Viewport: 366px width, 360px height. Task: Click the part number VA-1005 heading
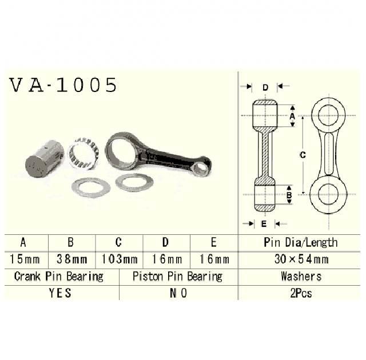(63, 85)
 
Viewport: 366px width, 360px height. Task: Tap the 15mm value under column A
(25, 259)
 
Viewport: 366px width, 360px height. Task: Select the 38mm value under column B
(72, 259)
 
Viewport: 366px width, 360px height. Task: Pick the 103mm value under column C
(120, 259)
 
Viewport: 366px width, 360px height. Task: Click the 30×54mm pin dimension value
(301, 259)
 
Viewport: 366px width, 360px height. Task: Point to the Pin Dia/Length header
(301, 242)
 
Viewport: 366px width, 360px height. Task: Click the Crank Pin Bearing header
(58, 277)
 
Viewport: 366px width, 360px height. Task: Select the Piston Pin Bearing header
(177, 277)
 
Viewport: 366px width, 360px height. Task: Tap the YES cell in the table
(60, 293)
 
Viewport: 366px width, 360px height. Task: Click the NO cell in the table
(178, 293)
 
